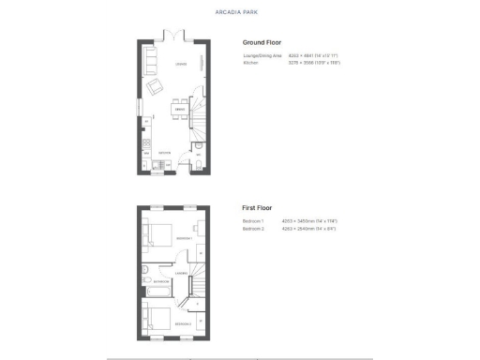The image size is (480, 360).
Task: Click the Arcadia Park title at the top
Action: pos(239,12)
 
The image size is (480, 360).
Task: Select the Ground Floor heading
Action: pos(262,42)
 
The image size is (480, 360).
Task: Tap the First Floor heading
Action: pos(259,207)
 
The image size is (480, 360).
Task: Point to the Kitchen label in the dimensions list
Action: pos(250,62)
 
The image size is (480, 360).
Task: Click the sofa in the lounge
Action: pos(150,63)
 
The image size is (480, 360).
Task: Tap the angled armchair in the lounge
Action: pos(156,88)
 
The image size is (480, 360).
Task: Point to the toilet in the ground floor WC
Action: pos(200,166)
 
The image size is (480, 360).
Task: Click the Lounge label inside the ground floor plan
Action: pos(179,64)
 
